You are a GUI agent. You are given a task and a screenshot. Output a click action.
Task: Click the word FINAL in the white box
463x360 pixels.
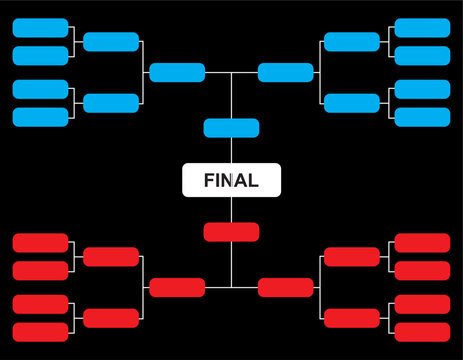pyautogui.click(x=231, y=181)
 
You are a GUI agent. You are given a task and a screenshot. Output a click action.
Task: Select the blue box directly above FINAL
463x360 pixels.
pyautogui.click(x=231, y=128)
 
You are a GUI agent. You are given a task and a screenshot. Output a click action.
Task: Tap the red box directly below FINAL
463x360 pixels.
pyautogui.click(x=231, y=232)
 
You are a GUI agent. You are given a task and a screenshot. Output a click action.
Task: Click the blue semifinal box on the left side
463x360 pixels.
pyautogui.click(x=177, y=72)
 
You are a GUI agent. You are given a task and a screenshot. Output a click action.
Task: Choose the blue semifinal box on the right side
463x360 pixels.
pyautogui.click(x=285, y=72)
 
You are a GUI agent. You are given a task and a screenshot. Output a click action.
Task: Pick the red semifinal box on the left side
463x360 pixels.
pyautogui.click(x=177, y=288)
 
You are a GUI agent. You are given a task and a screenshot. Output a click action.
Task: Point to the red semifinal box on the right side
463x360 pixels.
pyautogui.click(x=285, y=288)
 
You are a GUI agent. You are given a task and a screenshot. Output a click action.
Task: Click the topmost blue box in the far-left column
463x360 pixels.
pyautogui.click(x=40, y=27)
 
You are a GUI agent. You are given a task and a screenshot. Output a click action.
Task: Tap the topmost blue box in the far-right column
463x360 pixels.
pyautogui.click(x=422, y=27)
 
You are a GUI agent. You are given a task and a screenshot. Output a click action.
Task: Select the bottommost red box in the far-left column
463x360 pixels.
pyautogui.click(x=40, y=332)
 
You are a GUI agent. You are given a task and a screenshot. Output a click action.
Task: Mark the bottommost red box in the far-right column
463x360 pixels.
pyautogui.click(x=422, y=332)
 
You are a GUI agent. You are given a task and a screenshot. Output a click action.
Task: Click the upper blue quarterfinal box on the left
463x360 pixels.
pyautogui.click(x=111, y=42)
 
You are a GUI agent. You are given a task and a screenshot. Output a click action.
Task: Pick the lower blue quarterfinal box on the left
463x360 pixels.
pyautogui.click(x=111, y=103)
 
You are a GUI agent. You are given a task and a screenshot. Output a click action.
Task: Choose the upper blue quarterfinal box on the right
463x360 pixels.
pyautogui.click(x=352, y=42)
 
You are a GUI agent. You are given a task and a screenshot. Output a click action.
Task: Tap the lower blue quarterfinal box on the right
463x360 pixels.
pyautogui.click(x=352, y=103)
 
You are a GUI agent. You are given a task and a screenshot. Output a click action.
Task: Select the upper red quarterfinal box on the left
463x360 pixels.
pyautogui.click(x=111, y=257)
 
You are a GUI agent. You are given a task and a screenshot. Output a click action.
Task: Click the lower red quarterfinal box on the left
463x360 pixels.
pyautogui.click(x=111, y=318)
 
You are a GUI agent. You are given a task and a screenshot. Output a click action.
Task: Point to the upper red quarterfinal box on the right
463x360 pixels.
pyautogui.click(x=352, y=257)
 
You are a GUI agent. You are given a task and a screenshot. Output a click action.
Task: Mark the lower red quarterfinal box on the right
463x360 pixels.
pyautogui.click(x=352, y=318)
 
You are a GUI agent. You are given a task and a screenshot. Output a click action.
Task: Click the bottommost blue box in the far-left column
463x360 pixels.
pyautogui.click(x=40, y=117)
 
